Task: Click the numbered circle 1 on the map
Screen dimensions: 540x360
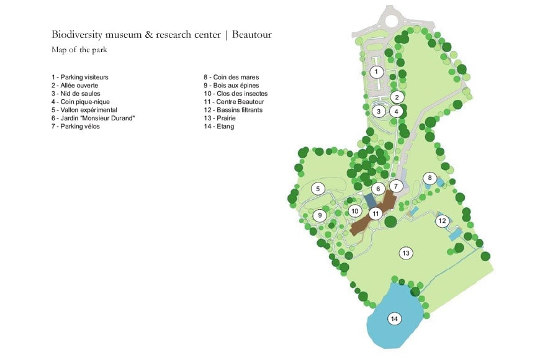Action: (x=376, y=71)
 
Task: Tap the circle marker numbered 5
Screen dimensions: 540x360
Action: (x=318, y=189)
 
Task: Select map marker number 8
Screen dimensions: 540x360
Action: (x=430, y=178)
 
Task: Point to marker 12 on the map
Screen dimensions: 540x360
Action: (x=442, y=221)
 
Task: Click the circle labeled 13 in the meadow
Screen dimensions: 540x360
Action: (x=406, y=253)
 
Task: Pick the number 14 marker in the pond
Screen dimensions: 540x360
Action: (x=394, y=318)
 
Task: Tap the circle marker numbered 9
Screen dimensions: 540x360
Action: (x=320, y=215)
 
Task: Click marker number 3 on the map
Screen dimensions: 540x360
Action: (x=379, y=111)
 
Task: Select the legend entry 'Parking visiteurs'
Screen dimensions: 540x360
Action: (x=80, y=77)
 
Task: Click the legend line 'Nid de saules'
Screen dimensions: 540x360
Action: (x=76, y=94)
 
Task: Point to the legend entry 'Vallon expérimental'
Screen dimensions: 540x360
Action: (x=84, y=110)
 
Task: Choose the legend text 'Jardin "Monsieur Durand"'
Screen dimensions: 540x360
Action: (x=93, y=118)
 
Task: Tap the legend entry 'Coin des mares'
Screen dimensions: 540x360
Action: (x=231, y=77)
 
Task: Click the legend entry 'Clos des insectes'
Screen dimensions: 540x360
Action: (x=236, y=94)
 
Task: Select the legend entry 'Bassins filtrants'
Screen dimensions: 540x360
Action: (x=233, y=110)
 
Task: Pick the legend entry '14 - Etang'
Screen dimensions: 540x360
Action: (x=218, y=127)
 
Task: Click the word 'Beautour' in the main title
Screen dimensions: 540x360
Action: (x=252, y=35)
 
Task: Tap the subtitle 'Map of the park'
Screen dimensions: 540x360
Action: (x=79, y=50)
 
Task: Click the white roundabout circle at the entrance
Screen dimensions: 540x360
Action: (x=391, y=20)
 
